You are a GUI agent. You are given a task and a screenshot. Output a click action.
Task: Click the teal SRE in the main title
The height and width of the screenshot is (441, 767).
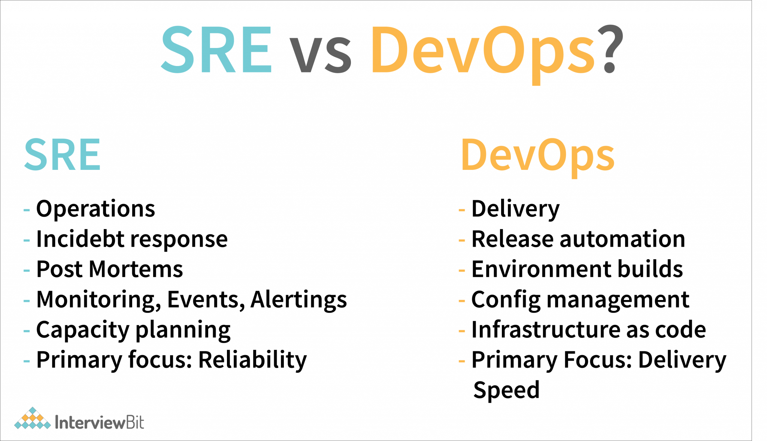(216, 49)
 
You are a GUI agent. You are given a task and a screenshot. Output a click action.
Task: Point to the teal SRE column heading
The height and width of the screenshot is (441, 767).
(63, 154)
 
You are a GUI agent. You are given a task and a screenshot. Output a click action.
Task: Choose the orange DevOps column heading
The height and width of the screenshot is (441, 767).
(538, 157)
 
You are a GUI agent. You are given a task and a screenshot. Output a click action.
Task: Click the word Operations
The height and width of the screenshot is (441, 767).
(96, 209)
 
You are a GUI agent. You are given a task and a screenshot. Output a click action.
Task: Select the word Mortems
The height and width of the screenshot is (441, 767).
(136, 269)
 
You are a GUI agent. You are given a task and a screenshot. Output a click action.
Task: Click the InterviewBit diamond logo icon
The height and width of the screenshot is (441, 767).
(33, 418)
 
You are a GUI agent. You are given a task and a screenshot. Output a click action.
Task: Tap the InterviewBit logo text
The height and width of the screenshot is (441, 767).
(99, 422)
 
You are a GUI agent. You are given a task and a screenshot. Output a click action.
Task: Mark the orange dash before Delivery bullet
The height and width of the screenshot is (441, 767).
(462, 210)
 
